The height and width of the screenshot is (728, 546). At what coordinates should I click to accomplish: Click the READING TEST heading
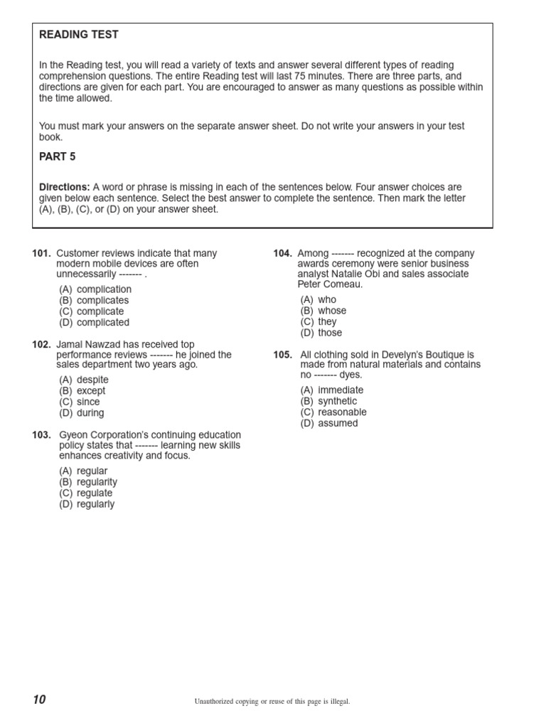pos(79,35)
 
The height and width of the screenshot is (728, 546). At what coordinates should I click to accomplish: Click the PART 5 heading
pos(57,156)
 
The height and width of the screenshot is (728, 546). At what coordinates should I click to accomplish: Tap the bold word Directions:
pos(64,187)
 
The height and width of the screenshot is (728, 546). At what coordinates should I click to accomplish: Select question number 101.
pos(42,254)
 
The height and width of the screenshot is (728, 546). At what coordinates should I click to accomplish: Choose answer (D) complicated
pos(95,323)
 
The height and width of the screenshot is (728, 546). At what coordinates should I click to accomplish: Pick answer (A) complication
pos(95,289)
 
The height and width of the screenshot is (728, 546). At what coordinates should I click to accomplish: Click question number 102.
pos(42,345)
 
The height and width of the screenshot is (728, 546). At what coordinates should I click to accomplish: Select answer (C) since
pos(80,402)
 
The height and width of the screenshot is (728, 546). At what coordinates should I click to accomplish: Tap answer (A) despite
pos(84,380)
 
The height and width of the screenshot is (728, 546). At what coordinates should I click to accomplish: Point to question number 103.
pos(42,435)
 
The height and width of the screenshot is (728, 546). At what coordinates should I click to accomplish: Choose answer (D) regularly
pos(87,504)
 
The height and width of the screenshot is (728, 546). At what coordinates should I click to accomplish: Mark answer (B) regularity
pos(88,482)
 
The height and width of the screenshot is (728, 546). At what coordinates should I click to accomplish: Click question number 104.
pos(283,254)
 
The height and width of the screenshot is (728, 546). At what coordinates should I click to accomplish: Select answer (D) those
pos(321,333)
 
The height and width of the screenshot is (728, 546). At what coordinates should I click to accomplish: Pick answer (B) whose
pos(323,311)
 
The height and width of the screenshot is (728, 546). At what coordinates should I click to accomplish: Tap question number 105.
pos(283,355)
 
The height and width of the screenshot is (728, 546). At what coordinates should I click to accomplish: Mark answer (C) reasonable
pos(333,412)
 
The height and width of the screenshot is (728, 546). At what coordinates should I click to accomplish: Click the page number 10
pos(38,700)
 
